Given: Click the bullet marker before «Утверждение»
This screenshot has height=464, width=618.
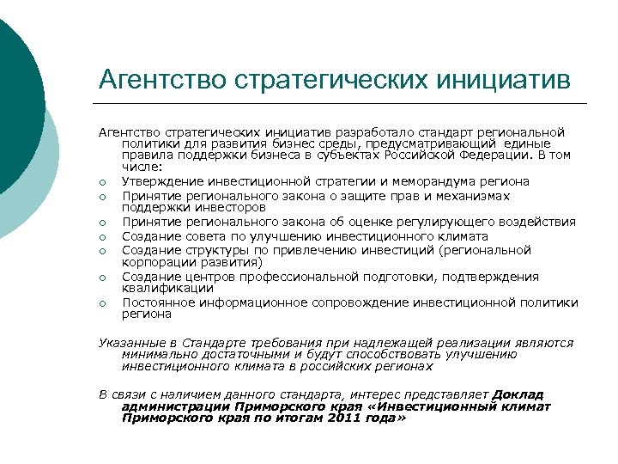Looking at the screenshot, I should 102,181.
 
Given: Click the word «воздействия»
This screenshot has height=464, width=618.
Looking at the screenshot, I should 537,222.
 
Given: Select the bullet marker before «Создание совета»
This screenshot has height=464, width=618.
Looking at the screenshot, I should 102,236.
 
